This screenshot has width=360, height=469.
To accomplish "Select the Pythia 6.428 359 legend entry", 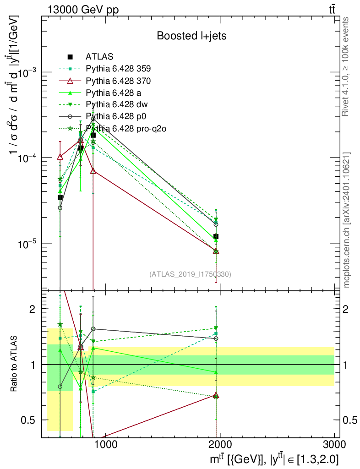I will point(118,69).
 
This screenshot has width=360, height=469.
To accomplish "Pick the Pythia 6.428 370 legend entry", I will point(118,81).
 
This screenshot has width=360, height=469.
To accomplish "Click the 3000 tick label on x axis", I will point(334,445).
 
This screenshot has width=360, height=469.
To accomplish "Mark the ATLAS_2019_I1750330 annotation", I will point(190,274).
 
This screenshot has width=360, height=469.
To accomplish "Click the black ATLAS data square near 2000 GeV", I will point(216,236).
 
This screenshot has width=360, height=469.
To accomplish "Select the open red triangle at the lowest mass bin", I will point(60,157).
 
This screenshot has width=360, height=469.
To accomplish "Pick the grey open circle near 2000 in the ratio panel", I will point(216,338).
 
